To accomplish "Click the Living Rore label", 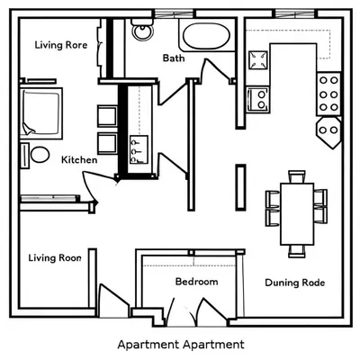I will [61, 44].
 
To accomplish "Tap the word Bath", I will [174, 58].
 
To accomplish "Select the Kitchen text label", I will [79, 160].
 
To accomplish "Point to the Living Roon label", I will [55, 258].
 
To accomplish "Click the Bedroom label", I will [196, 282].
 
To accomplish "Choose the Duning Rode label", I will [294, 283].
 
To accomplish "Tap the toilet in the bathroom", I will [141, 33].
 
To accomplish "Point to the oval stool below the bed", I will [40, 155].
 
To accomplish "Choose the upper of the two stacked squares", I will [106, 113].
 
